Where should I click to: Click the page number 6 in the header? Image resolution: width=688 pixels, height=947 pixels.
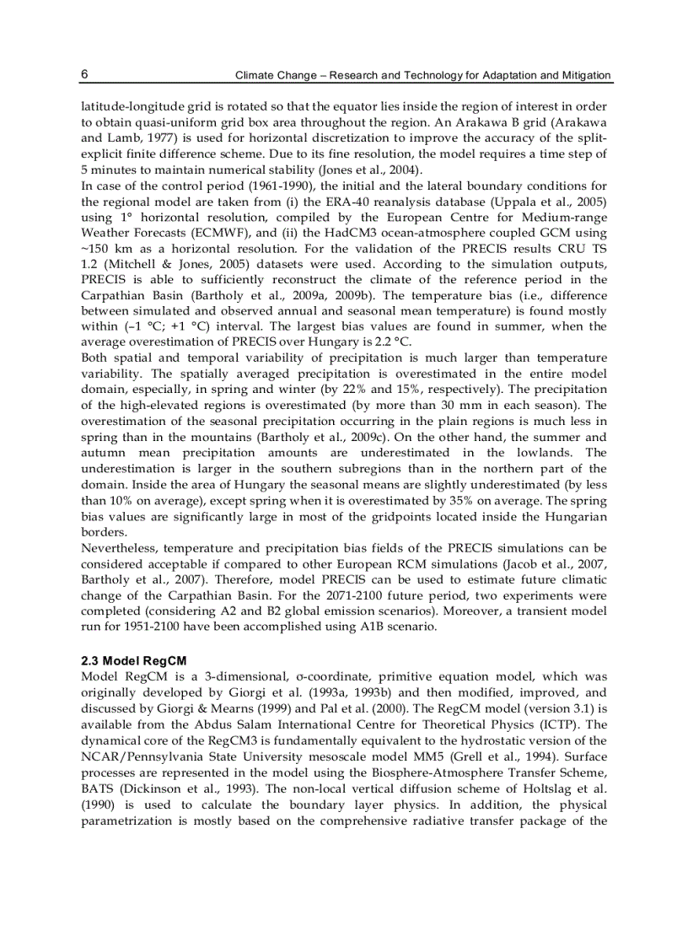(x=84, y=74)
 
